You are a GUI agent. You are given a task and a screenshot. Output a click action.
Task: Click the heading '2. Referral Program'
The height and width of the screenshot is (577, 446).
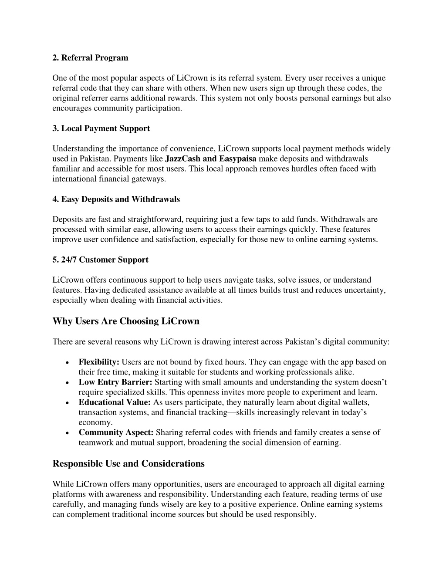click(x=90, y=58)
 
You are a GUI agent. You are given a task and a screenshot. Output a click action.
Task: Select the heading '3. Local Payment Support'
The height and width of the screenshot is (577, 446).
click(x=101, y=128)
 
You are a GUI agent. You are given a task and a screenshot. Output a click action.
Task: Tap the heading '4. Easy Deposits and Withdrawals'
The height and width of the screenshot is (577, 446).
click(x=116, y=199)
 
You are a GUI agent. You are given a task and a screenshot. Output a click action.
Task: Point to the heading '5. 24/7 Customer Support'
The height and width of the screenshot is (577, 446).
click(x=100, y=260)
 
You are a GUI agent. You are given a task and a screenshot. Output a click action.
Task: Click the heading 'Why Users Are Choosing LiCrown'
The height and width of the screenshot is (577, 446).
click(x=126, y=321)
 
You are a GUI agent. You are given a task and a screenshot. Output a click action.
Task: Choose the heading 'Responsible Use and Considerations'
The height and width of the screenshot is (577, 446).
click(x=128, y=464)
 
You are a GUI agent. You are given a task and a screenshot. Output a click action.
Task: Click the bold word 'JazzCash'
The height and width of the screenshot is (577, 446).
click(x=183, y=159)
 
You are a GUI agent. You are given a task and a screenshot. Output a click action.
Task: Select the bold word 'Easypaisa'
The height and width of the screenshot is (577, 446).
click(x=238, y=159)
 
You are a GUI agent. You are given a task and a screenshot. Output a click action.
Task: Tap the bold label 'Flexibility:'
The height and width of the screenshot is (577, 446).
click(x=99, y=362)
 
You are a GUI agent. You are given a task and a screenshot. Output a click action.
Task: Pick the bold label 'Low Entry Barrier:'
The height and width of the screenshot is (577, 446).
click(x=115, y=382)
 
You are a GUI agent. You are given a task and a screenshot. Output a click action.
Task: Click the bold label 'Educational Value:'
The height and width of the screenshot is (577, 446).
click(x=115, y=402)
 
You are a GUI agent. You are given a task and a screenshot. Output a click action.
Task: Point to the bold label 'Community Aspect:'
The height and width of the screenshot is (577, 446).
click(x=116, y=432)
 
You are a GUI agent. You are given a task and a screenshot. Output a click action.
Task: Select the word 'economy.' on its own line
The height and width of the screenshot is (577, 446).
click(x=95, y=422)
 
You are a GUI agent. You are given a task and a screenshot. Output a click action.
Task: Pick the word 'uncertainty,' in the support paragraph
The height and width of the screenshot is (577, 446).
click(x=365, y=290)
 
